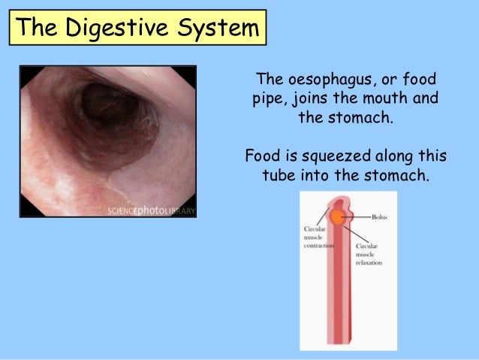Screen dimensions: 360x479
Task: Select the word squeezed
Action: coord(337,156)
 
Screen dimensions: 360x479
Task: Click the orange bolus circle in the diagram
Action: coord(337,216)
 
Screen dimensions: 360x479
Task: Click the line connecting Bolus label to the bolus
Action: coord(357,216)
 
